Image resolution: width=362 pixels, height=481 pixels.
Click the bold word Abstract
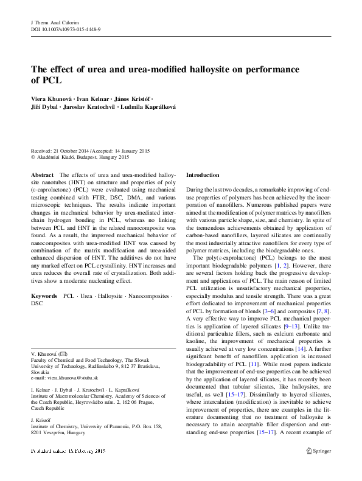(41, 175)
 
